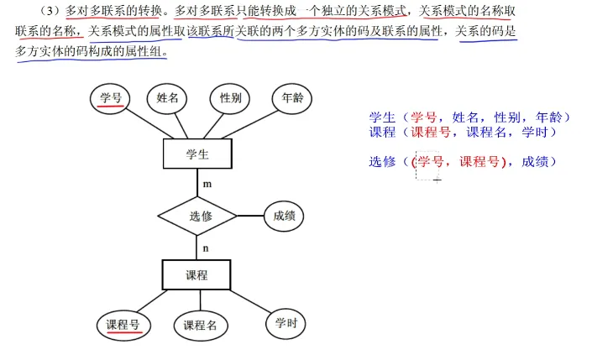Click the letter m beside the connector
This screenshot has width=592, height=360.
[207, 184]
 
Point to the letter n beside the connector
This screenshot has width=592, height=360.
[206, 248]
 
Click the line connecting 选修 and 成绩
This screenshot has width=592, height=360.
[250, 216]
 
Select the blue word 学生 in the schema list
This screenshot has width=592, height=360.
[382, 117]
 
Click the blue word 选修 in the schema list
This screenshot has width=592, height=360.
[382, 162]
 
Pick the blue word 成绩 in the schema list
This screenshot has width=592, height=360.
[535, 162]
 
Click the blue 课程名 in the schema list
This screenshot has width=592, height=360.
[486, 132]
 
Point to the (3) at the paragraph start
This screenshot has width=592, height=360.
[50, 11]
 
